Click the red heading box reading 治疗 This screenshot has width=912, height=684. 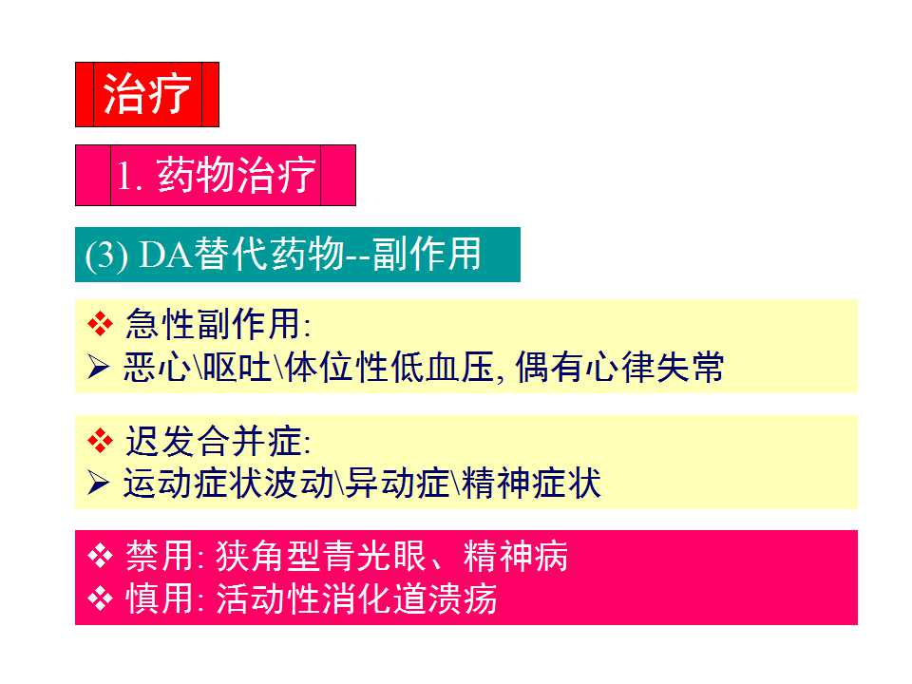[x=147, y=94]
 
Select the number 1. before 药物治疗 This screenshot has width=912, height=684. [x=129, y=177]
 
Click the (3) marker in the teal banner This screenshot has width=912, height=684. [x=106, y=256]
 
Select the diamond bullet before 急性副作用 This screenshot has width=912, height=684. [x=100, y=325]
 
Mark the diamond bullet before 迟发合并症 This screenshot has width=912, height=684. [x=100, y=440]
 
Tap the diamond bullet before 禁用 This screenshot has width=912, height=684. [x=100, y=556]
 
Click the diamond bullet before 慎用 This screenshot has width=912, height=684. [x=100, y=599]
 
